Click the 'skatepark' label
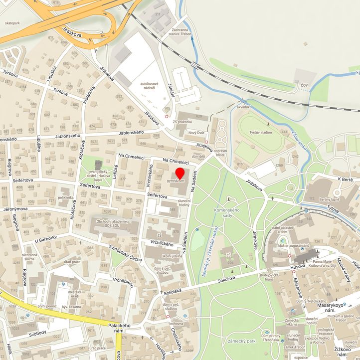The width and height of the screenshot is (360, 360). [12, 23]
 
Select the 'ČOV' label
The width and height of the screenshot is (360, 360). [304, 86]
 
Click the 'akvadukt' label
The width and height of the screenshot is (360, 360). [244, 107]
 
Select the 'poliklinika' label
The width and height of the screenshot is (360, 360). [66, 197]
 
